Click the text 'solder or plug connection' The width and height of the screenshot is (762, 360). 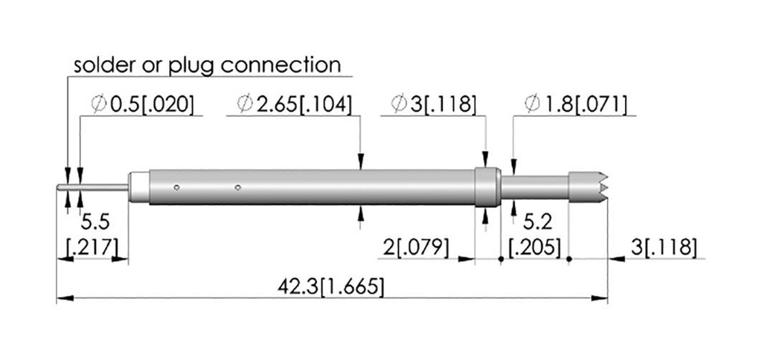pos(207,65)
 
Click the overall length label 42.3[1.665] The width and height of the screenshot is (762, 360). pos(330,286)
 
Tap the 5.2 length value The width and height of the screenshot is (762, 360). pos(537,222)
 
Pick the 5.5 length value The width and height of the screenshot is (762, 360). pos(95,222)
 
